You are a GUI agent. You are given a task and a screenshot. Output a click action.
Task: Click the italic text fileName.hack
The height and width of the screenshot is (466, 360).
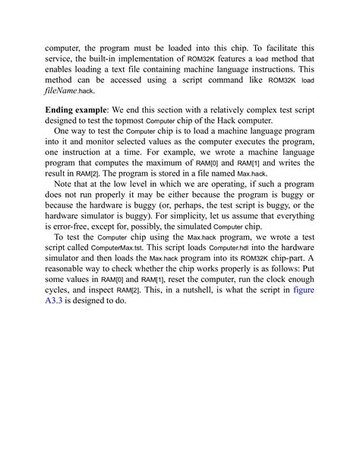(x=69, y=90)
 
